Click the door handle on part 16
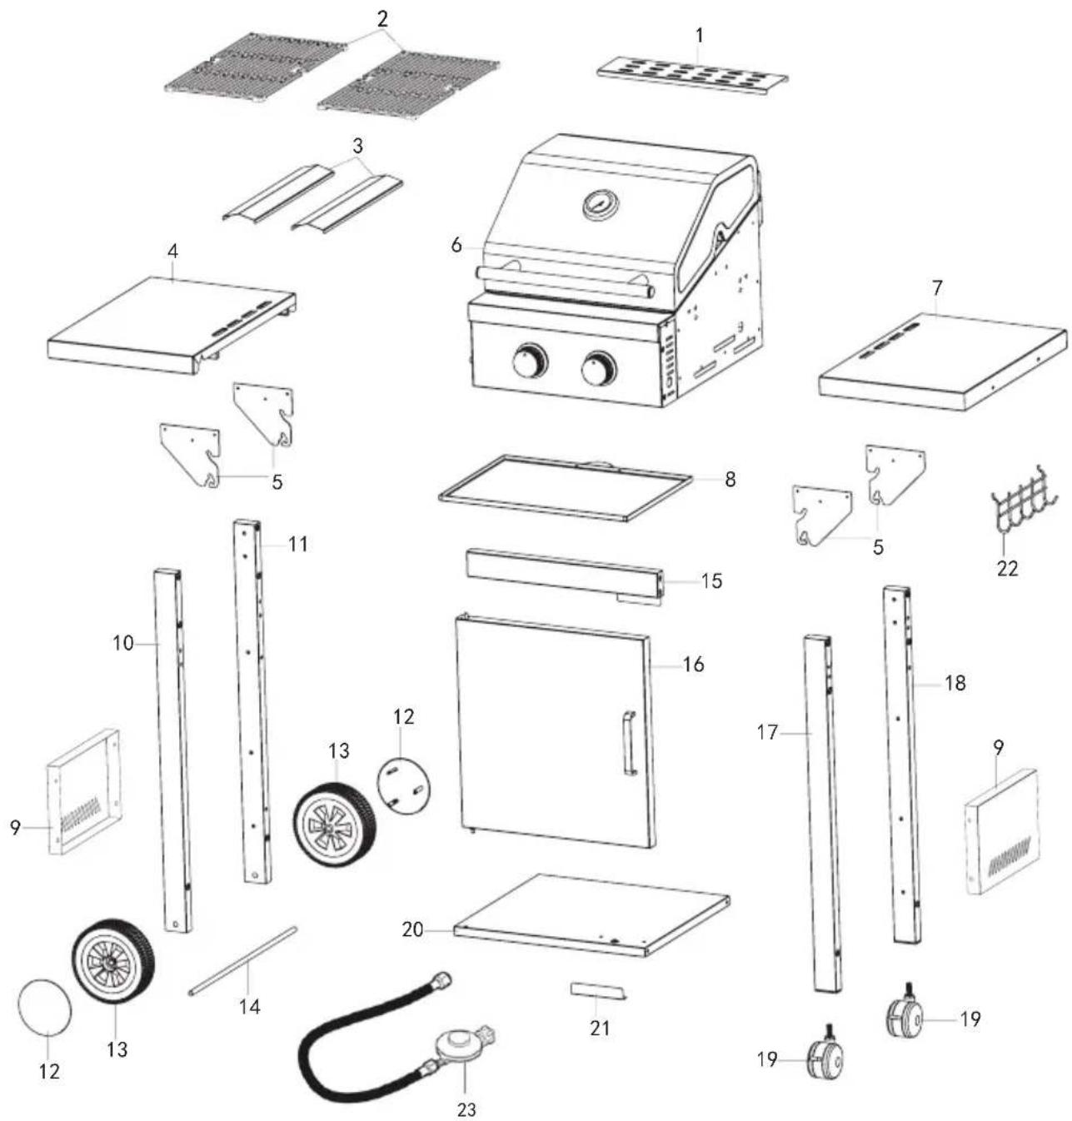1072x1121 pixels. point(627,743)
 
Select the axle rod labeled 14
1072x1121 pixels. point(242,960)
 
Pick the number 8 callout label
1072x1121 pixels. point(730,481)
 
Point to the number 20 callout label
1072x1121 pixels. point(413,929)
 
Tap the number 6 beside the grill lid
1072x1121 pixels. point(456,247)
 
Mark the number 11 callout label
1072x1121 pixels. point(298,545)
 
